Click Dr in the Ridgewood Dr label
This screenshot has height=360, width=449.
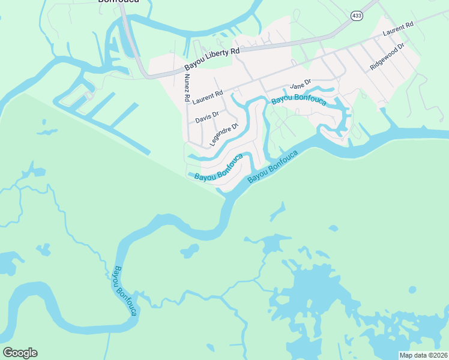pyautogui.click(x=409, y=45)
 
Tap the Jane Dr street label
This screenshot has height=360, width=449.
pyautogui.click(x=300, y=85)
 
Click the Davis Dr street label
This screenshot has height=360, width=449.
pyautogui.click(x=207, y=116)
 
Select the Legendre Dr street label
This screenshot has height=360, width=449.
pyautogui.click(x=224, y=134)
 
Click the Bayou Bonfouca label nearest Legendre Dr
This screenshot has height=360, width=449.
pyautogui.click(x=219, y=168)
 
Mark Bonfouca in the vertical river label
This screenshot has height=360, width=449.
pyautogui.click(x=130, y=299)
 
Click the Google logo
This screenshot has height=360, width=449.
pyautogui.click(x=20, y=353)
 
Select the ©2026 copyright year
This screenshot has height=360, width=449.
pyautogui.click(x=436, y=355)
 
